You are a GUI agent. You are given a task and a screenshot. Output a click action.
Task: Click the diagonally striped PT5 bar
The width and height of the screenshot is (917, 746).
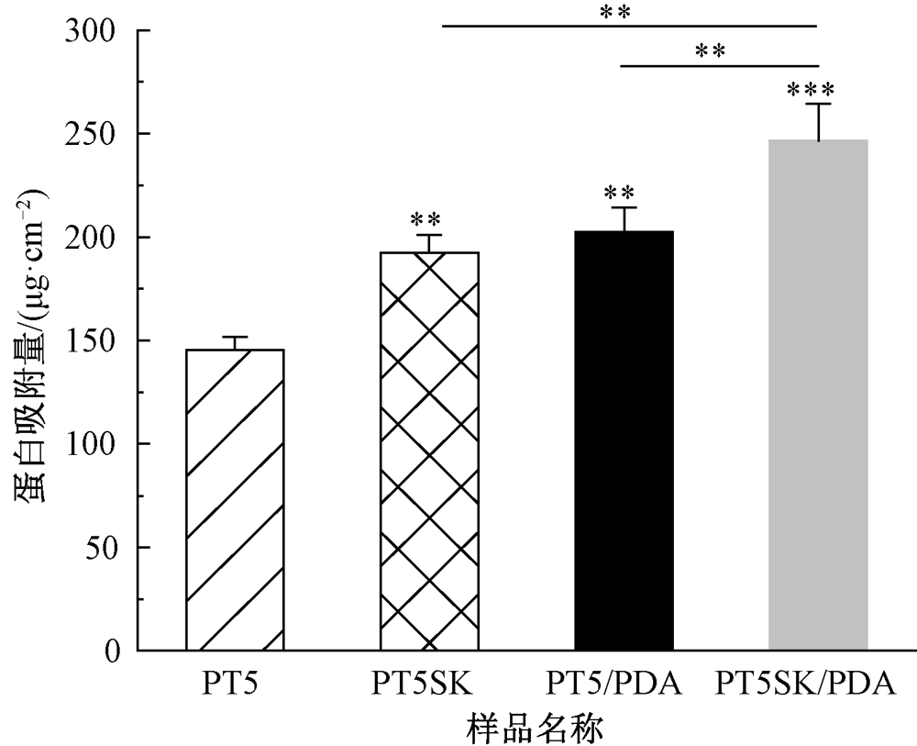[x=235, y=500]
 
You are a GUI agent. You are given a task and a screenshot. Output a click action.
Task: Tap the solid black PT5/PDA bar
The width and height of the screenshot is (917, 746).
[x=624, y=440]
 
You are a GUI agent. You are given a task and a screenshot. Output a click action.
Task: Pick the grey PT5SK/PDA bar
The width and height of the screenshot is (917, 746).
[x=818, y=395]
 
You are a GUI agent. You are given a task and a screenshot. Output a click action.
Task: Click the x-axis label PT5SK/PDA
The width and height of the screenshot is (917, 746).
[x=805, y=685]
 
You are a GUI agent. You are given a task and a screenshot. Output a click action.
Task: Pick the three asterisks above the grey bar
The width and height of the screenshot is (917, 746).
[x=811, y=90]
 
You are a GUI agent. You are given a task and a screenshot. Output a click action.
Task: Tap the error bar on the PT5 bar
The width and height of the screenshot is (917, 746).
[x=235, y=342]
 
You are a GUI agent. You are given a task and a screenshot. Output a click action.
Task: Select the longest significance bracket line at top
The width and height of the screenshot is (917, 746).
[x=629, y=26]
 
